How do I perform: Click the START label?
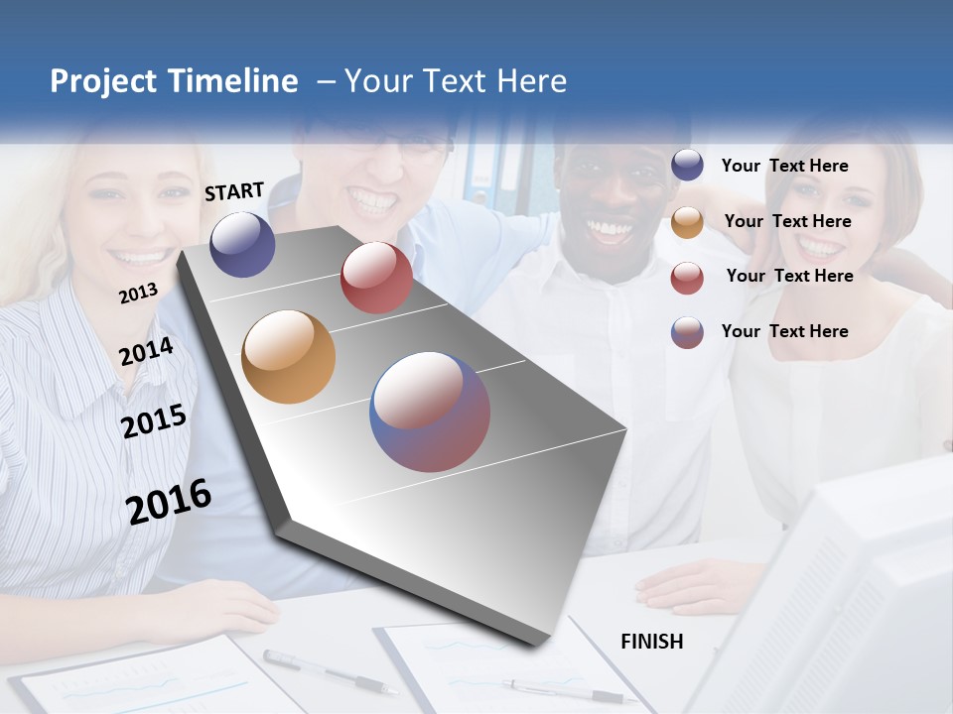(x=234, y=191)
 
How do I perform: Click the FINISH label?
(x=651, y=642)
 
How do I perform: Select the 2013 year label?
(x=138, y=293)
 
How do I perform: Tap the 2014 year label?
(x=146, y=351)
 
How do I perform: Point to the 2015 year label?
(x=154, y=420)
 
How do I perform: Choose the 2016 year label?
(x=169, y=501)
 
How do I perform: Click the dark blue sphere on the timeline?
(x=242, y=244)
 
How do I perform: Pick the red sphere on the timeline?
(x=376, y=278)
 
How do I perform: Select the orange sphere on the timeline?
(x=289, y=357)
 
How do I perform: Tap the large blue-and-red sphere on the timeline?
(x=430, y=412)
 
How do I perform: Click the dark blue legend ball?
(x=687, y=166)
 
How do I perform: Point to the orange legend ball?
(x=687, y=222)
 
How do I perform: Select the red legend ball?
(x=687, y=278)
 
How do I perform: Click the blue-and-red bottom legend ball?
(x=687, y=332)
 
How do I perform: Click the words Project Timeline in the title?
(x=174, y=81)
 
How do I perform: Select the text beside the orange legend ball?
(x=787, y=221)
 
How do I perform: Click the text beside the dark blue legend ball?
(x=784, y=166)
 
